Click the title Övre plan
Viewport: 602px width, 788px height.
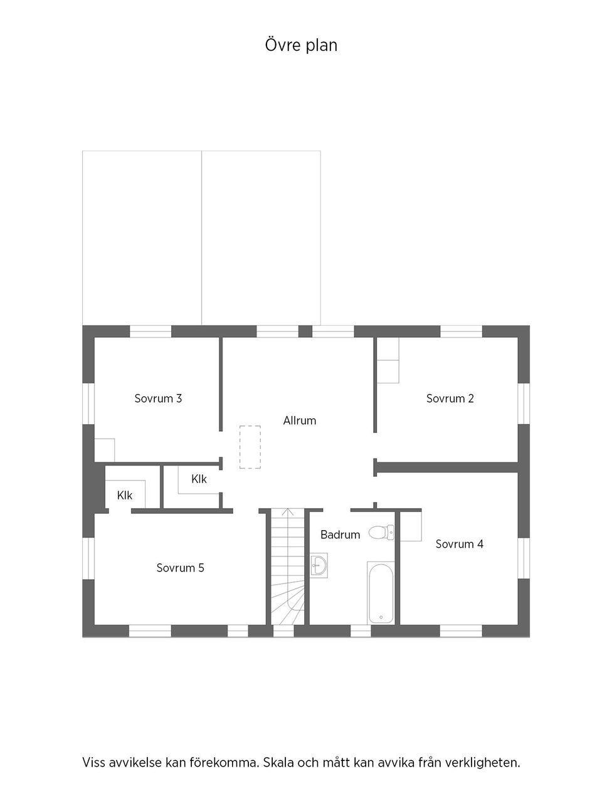coord(301,45)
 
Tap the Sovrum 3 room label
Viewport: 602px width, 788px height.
coord(158,398)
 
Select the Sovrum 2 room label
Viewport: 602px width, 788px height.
coord(450,398)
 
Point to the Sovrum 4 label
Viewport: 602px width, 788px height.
coord(459,544)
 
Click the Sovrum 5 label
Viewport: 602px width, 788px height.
coord(180,568)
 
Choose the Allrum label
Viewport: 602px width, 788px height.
coord(299,420)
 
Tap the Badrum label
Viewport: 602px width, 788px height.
coord(340,535)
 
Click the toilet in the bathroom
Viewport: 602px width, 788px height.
coord(380,533)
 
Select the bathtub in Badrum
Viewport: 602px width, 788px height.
coord(381,593)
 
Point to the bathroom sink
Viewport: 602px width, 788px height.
coord(319,565)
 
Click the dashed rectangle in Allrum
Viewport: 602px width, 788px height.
coord(250,447)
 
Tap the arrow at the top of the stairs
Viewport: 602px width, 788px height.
coord(288,513)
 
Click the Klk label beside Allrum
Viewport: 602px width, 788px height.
coord(199,479)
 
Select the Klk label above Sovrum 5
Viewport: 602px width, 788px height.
coord(124,496)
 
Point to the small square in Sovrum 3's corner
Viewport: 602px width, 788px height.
coord(104,450)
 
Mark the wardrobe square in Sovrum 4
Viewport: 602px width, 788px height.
coord(410,526)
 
